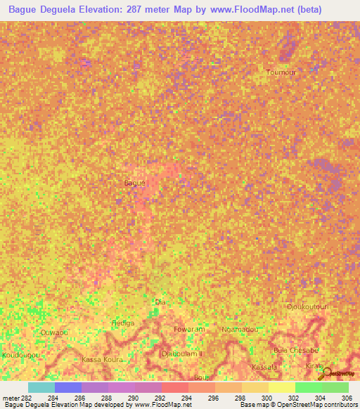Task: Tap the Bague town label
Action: (134, 183)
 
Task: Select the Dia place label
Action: (160, 303)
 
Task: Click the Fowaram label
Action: (189, 329)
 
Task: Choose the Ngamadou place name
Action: (240, 329)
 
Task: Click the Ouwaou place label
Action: (54, 332)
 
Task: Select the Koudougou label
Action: (20, 356)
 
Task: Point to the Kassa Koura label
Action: (103, 360)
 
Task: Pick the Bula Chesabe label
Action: (296, 350)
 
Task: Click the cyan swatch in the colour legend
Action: (41, 387)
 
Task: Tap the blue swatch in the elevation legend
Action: (67, 387)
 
